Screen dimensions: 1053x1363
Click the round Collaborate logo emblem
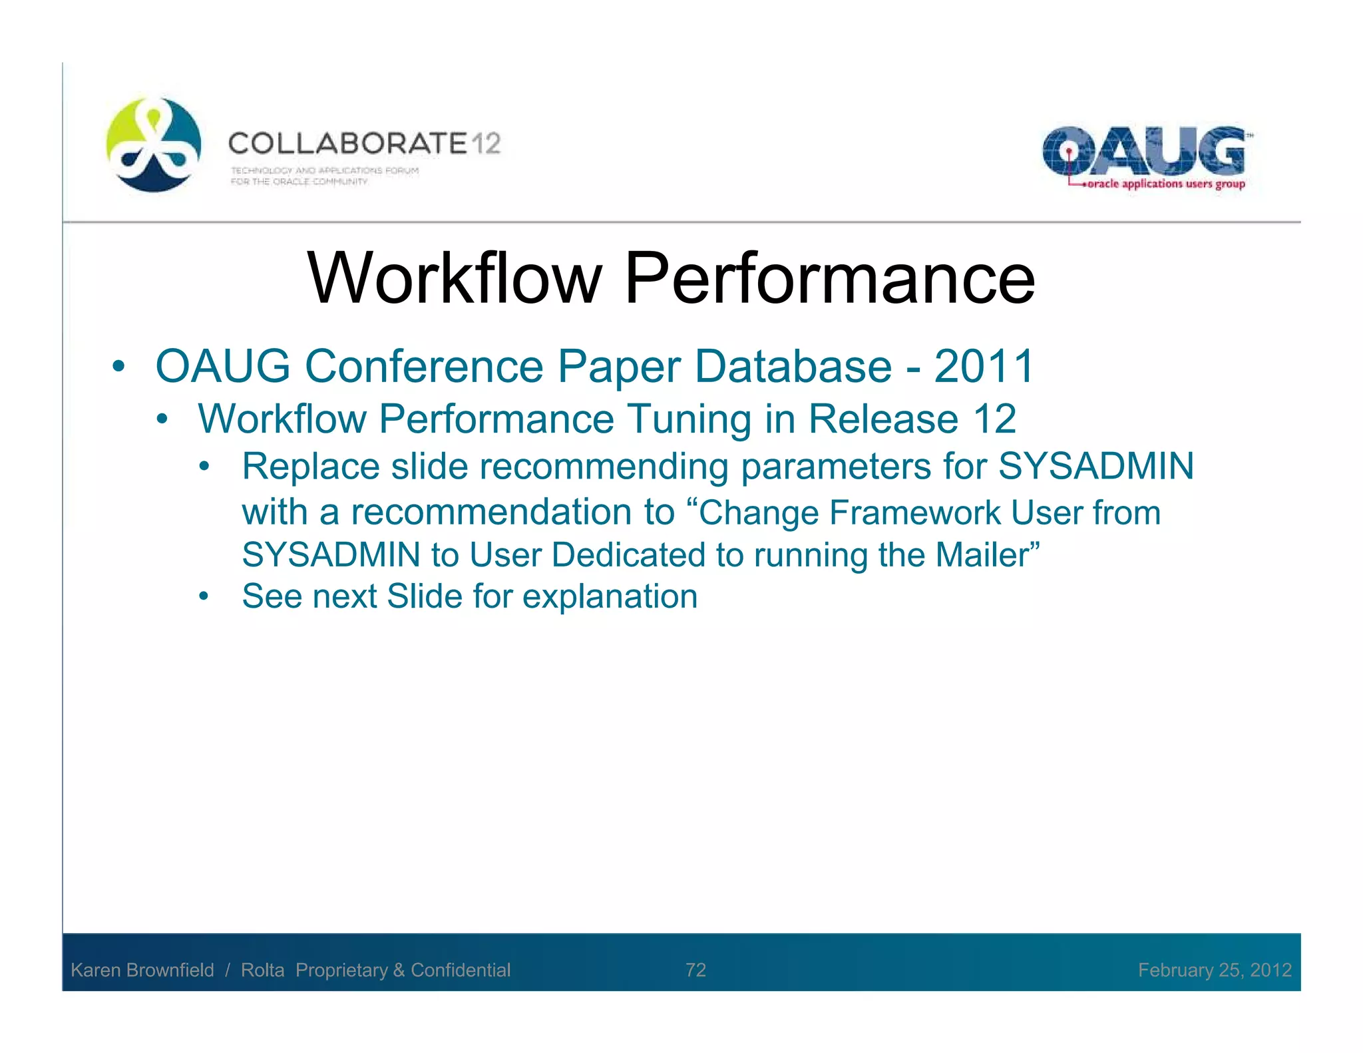[x=154, y=144]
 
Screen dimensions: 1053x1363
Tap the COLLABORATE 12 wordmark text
[x=364, y=143]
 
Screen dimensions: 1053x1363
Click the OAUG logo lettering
[x=1143, y=150]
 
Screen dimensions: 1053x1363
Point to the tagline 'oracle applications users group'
[x=1165, y=184]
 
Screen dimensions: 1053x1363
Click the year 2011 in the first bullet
[x=984, y=366]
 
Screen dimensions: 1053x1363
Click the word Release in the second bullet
[x=883, y=419]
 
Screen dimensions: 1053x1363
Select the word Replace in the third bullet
[x=310, y=466]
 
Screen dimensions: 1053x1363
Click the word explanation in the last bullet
[x=610, y=596]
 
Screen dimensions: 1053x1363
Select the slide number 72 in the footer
[x=695, y=970]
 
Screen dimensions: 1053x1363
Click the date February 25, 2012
[x=1214, y=970]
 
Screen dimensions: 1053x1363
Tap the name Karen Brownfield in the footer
[x=142, y=970]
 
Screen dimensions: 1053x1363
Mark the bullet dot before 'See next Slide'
[x=204, y=596]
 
